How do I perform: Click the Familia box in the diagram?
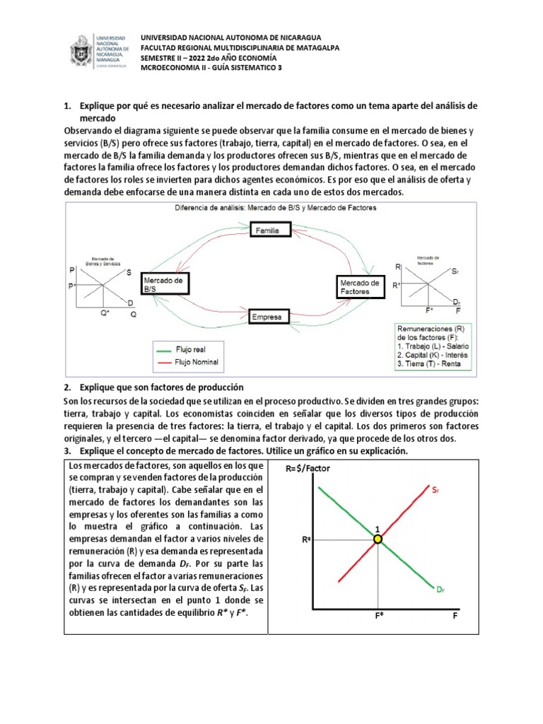coord(267,230)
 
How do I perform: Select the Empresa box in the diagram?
coord(266,317)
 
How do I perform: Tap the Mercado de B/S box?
coord(166,285)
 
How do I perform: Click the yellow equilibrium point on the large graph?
coord(378,539)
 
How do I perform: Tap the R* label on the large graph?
coord(306,539)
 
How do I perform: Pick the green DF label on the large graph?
coord(441,588)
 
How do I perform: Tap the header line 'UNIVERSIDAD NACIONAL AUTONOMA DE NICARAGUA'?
coord(230,37)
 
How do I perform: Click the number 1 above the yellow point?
coord(378,528)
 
